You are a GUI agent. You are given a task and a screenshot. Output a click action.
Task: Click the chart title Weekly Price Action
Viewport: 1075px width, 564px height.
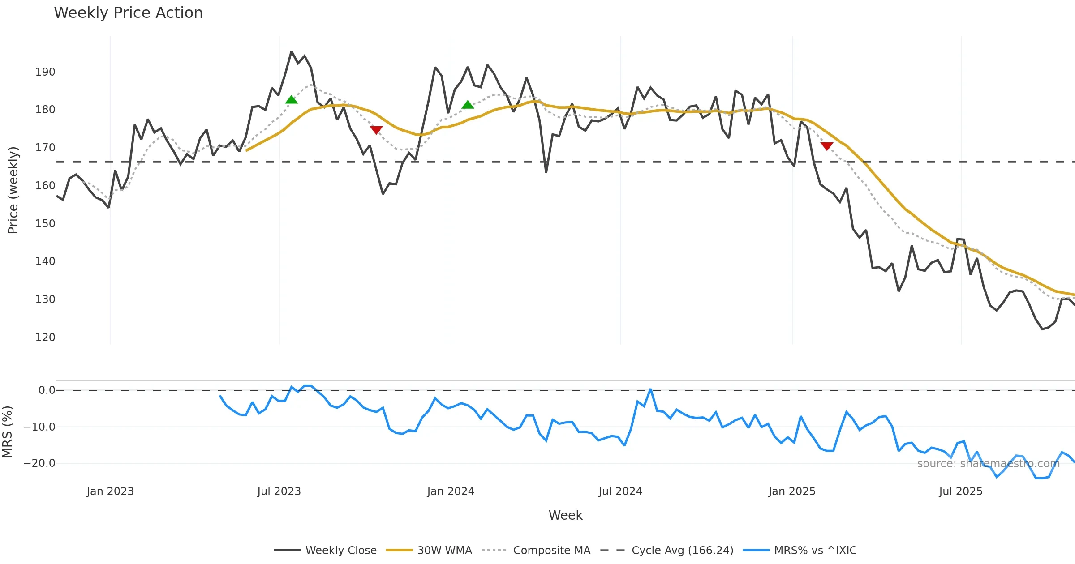pos(128,13)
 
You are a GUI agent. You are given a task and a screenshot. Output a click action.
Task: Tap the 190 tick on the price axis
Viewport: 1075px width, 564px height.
pos(45,72)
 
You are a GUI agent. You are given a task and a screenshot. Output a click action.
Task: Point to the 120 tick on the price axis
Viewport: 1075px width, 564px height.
pos(45,338)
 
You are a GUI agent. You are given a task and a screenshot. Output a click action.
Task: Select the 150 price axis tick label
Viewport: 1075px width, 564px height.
pos(45,224)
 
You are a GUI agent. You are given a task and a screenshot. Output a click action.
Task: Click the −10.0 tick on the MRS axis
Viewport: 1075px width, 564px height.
pos(39,427)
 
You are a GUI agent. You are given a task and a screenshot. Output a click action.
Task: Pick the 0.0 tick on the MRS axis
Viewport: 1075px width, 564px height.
pos(47,390)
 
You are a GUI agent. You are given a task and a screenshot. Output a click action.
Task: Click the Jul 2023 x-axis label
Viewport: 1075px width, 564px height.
pos(279,491)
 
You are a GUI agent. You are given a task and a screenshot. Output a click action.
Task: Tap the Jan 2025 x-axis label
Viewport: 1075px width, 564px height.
pos(792,491)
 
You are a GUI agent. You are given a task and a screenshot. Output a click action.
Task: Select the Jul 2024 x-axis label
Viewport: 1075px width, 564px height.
pos(620,491)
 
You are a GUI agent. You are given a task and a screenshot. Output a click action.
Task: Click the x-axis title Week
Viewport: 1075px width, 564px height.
pos(565,516)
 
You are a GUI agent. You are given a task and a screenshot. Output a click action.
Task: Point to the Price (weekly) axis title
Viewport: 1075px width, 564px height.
pos(13,190)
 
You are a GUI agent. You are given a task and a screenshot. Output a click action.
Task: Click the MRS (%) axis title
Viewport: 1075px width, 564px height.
pos(7,432)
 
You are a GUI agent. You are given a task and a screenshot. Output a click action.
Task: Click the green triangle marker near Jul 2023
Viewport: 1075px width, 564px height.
pos(291,100)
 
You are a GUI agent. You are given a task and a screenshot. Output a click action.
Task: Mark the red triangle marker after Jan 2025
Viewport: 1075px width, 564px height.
pos(827,146)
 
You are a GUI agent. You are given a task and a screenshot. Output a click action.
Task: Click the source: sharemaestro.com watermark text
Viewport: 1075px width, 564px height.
pos(988,464)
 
